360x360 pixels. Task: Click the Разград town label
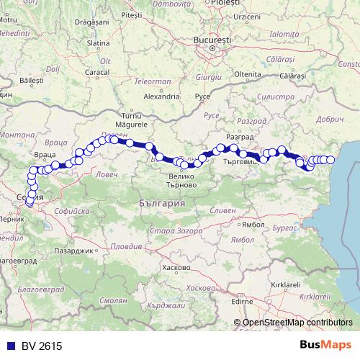[238, 137]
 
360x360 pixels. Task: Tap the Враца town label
[45, 154]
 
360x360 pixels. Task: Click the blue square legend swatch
[7, 346]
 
